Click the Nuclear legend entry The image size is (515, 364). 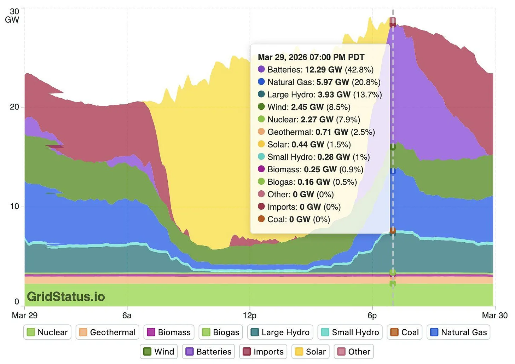47,332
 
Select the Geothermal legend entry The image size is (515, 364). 107,332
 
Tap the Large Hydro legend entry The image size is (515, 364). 280,332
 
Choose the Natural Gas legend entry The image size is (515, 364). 458,332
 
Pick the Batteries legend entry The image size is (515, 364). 208,352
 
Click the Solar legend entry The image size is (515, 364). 310,352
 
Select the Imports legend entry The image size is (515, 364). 263,352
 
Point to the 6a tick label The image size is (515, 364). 127,315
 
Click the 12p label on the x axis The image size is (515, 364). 250,315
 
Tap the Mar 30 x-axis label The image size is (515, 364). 494,315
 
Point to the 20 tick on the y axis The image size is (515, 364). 15,107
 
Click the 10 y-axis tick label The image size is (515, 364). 15,206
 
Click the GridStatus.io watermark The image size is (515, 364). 66,296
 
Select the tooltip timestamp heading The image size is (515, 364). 311,57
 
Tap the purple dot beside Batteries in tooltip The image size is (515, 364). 261,69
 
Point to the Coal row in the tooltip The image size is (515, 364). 298,219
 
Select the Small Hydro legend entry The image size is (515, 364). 350,332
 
